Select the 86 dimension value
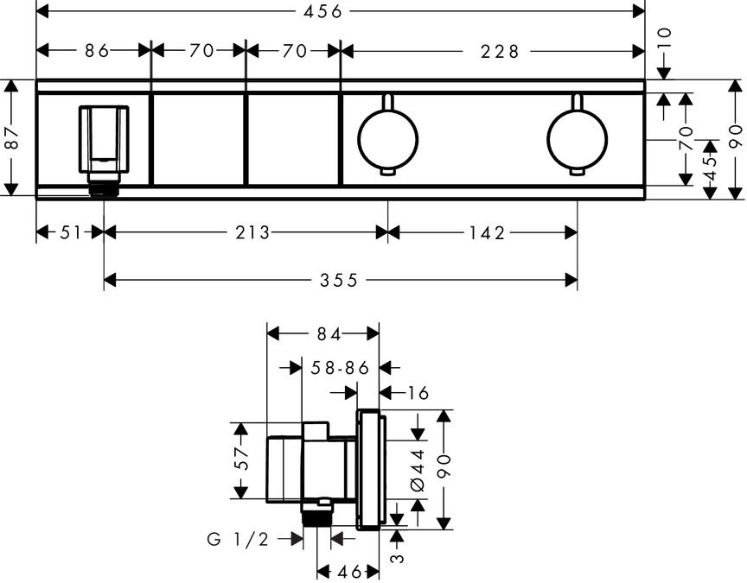pos(97,51)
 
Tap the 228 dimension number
pos(500,51)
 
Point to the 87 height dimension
pos(11,138)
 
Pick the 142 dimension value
pos(487,231)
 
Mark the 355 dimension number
pos(338,279)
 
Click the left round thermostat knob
pos(387,139)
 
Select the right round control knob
pos(577,139)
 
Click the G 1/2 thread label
pos(238,539)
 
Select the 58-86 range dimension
pos(340,367)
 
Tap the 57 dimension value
pos(243,460)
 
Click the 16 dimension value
pos(417,393)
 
